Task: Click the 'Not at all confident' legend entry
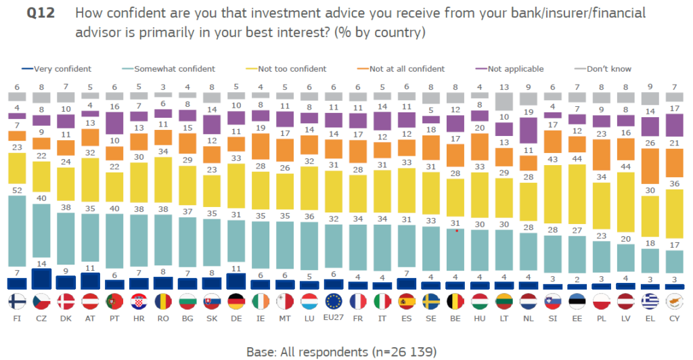405,68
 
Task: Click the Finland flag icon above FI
16,301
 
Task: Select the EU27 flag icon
332,301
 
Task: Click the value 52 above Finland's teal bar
16,191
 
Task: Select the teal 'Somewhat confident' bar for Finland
16,237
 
